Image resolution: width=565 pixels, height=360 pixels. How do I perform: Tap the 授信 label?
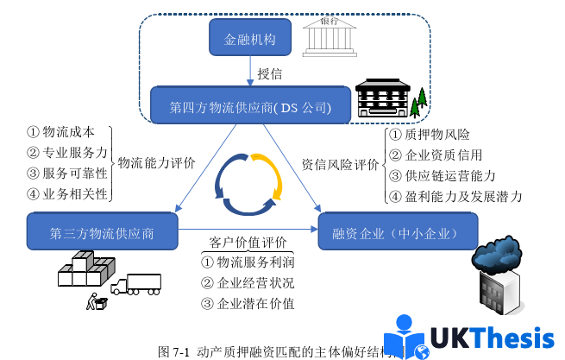[271, 74]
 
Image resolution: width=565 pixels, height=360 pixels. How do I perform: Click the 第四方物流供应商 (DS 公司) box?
[250, 107]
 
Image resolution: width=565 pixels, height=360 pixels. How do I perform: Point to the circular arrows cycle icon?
[249, 185]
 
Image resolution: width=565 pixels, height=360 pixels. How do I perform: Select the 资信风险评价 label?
[340, 162]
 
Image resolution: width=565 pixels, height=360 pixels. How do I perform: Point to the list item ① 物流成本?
[61, 132]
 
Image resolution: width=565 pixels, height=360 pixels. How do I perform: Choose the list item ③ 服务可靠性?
[66, 173]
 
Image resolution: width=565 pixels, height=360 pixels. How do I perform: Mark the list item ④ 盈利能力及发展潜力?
[455, 197]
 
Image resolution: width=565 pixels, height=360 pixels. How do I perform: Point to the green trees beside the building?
[420, 103]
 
